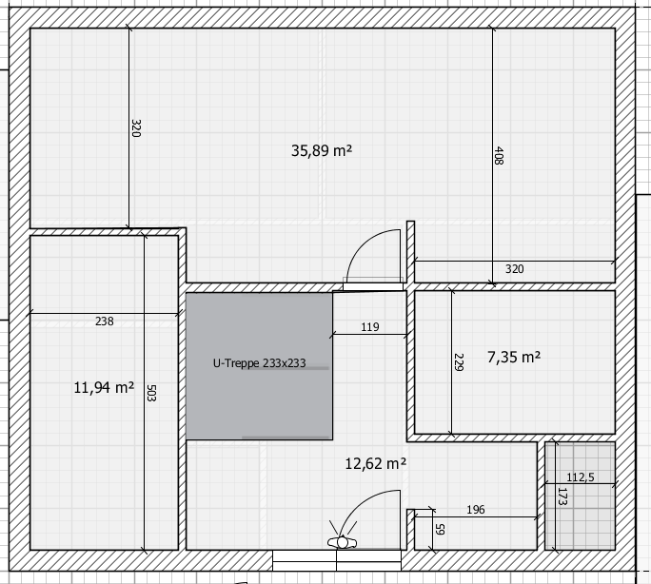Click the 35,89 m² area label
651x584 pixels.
pyautogui.click(x=322, y=150)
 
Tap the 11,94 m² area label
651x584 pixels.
pyautogui.click(x=104, y=388)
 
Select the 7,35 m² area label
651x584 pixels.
pyautogui.click(x=514, y=357)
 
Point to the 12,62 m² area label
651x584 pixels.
pyautogui.click(x=376, y=463)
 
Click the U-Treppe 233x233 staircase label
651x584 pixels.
pyautogui.click(x=259, y=363)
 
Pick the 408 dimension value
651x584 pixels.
pyautogui.click(x=499, y=156)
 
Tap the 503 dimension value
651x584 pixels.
pyautogui.click(x=151, y=393)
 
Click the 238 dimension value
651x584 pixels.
pyautogui.click(x=104, y=321)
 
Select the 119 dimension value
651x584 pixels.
pyautogui.click(x=370, y=327)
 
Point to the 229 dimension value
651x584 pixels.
pyautogui.click(x=459, y=362)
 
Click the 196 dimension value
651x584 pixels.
pyautogui.click(x=475, y=510)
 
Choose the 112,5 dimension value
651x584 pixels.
pyautogui.click(x=580, y=477)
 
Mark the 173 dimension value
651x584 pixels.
pyautogui.click(x=562, y=496)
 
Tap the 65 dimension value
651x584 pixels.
pyautogui.click(x=440, y=529)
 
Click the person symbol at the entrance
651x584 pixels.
pyautogui.click(x=342, y=542)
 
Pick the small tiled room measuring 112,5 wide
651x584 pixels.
pyautogui.click(x=580, y=496)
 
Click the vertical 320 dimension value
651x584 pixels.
pyautogui.click(x=136, y=128)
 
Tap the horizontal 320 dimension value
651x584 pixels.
pyautogui.click(x=514, y=269)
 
